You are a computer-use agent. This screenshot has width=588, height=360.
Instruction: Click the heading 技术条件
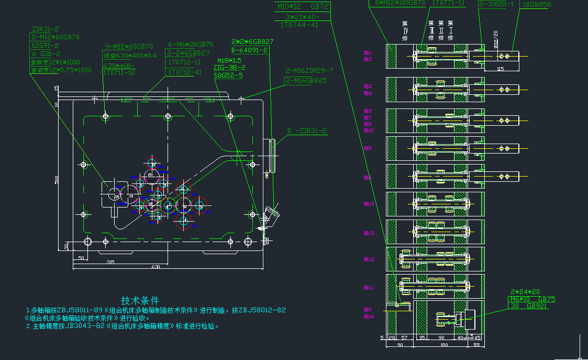140,301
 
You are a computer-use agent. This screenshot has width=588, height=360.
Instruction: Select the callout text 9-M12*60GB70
129,46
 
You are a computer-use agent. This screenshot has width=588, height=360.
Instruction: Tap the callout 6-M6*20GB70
191,45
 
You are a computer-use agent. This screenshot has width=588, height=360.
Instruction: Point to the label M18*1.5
229,60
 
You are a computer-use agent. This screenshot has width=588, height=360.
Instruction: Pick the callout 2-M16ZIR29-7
309,70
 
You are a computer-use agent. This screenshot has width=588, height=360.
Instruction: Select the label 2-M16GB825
306,80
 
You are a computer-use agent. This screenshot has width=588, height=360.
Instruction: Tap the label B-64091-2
249,50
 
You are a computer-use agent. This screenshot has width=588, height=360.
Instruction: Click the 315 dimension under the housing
110,261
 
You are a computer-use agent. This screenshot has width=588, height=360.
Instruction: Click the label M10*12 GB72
303,6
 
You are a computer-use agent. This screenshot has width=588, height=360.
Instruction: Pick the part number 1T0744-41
299,25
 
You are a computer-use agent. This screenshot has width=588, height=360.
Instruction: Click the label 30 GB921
529,306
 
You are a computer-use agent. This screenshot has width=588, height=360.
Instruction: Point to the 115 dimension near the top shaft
500,69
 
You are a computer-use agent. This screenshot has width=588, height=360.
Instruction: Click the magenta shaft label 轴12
369,259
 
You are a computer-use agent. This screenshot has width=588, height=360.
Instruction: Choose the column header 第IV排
404,31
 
